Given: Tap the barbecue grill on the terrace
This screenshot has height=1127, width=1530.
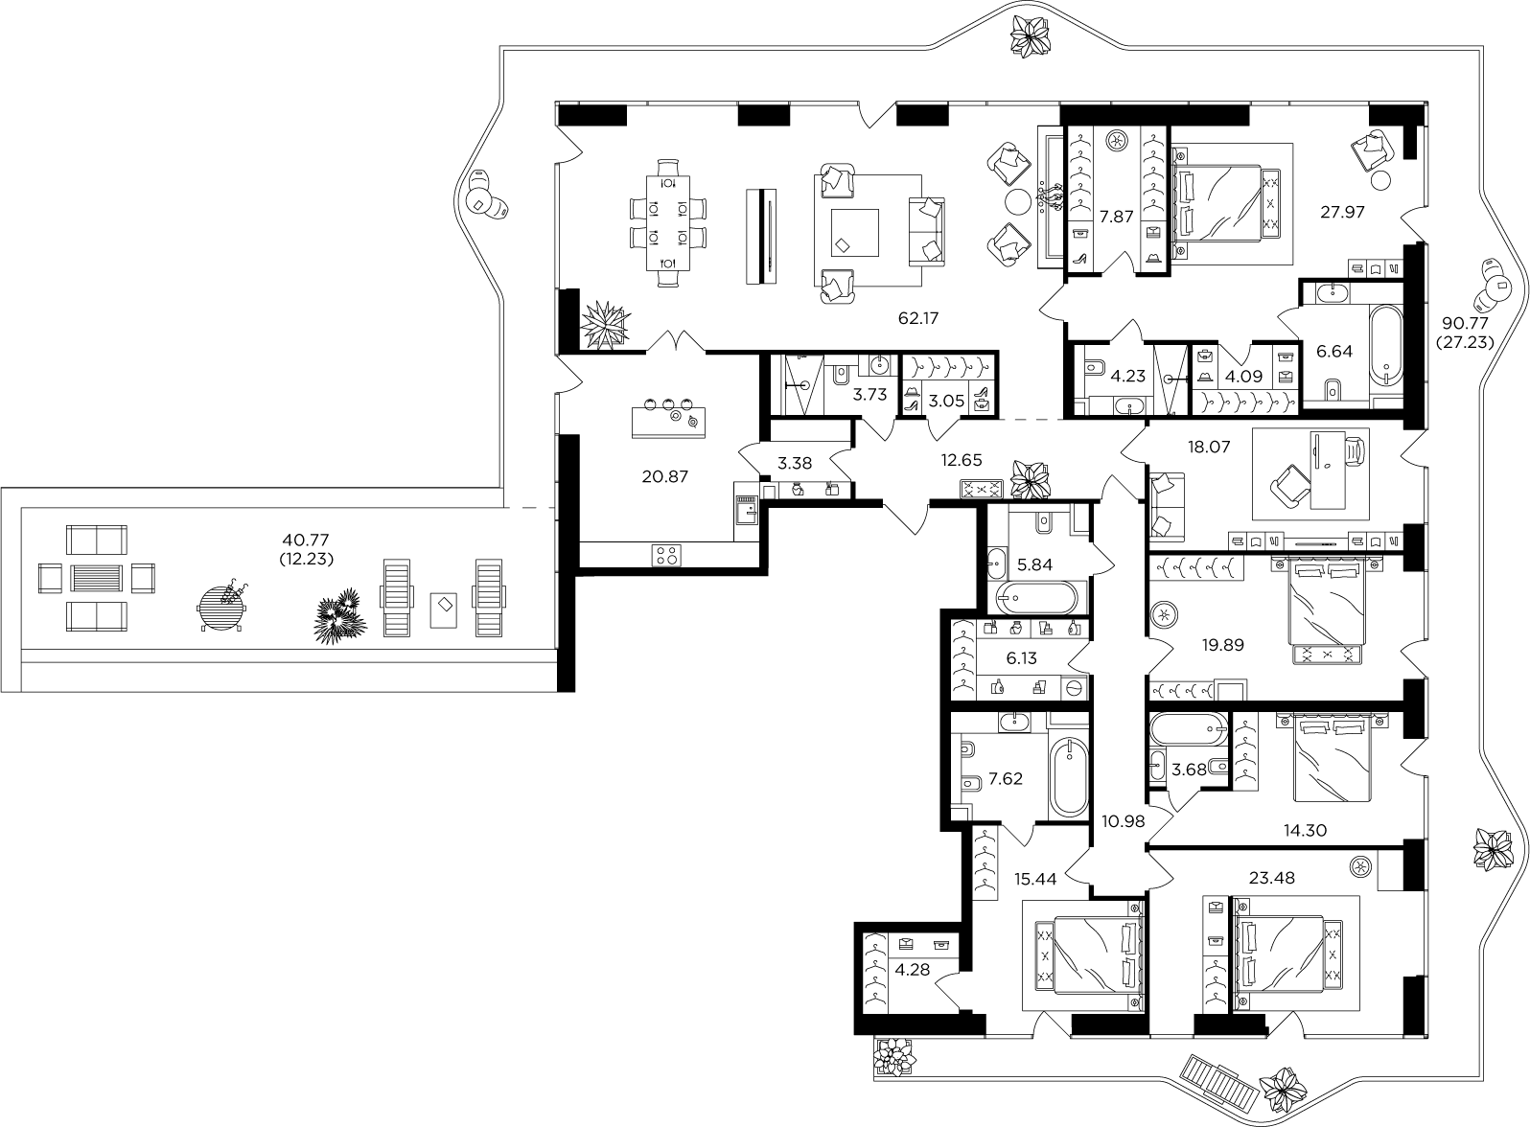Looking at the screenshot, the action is pos(222,607).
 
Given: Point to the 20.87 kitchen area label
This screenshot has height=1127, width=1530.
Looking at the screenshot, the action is pos(664,476).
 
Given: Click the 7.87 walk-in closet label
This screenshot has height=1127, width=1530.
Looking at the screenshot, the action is pos(1116,218).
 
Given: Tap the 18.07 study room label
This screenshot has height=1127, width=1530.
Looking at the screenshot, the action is pos(1209,448).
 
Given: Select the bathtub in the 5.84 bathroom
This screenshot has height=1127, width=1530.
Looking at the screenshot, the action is pos(1037,597).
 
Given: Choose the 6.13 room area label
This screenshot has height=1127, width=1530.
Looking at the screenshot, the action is pos(1021,658).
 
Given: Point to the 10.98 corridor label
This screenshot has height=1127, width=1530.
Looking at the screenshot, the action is pos(1123,821).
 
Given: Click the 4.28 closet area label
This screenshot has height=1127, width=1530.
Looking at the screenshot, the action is pos(912,970).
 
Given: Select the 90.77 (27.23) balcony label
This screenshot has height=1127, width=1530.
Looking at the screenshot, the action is pos(1465,333).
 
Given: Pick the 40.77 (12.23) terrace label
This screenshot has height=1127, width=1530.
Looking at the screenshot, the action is pos(306,550).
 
